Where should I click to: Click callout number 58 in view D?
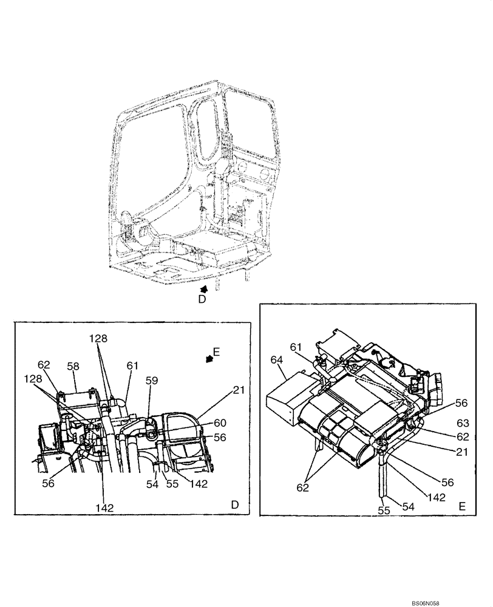click(x=73, y=367)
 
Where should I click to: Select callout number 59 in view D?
click(x=152, y=381)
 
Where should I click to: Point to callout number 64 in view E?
click(x=277, y=361)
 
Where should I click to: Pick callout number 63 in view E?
click(x=463, y=424)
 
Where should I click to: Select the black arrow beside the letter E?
click(x=210, y=359)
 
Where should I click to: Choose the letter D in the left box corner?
click(x=234, y=505)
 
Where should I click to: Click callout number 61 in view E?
click(x=296, y=347)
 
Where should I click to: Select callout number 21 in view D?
click(x=239, y=390)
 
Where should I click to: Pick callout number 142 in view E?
click(x=437, y=497)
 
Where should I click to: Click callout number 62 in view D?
click(x=44, y=365)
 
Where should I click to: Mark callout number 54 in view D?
click(x=152, y=484)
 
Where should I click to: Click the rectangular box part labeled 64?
click(x=288, y=398)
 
